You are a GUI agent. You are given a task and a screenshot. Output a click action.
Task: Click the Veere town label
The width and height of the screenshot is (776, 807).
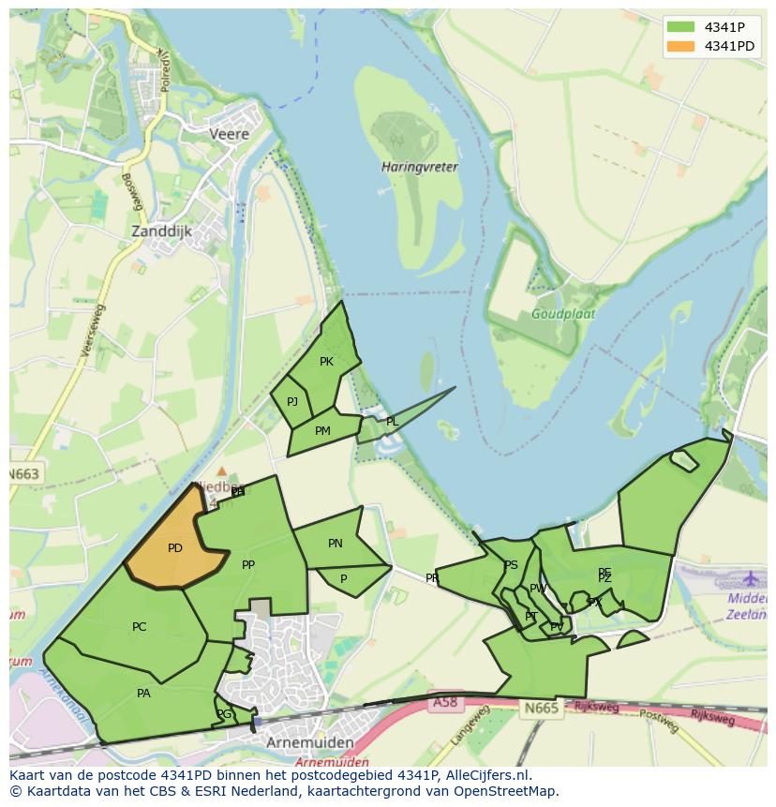[x=229, y=134]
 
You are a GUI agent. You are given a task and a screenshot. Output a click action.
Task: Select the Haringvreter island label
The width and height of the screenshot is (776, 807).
[x=420, y=167]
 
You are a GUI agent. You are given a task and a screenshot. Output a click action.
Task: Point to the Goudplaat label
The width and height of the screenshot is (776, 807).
[x=562, y=314]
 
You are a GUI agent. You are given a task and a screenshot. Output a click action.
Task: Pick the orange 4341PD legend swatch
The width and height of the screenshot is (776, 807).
[x=680, y=46]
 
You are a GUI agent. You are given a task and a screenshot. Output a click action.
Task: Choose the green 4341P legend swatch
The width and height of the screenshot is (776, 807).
[x=680, y=26]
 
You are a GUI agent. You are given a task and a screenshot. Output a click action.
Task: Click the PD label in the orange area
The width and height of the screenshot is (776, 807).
[x=175, y=548]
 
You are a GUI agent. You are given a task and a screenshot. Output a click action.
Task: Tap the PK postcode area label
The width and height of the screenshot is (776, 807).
[x=326, y=362]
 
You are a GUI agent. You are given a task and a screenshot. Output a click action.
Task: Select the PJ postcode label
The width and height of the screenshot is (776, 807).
[x=292, y=402]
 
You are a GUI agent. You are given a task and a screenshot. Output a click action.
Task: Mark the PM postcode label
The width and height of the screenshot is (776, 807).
[x=322, y=431]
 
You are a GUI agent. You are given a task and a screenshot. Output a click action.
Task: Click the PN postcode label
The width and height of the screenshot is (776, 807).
[x=336, y=544]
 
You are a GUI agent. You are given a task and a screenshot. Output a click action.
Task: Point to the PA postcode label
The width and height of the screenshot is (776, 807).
[x=143, y=694]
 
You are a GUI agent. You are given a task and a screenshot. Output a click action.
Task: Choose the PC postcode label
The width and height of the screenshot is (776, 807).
[x=140, y=627]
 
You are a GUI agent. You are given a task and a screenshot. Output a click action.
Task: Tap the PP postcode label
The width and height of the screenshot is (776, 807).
[x=248, y=565]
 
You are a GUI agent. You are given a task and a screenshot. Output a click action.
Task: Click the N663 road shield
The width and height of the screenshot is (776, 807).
[x=25, y=474]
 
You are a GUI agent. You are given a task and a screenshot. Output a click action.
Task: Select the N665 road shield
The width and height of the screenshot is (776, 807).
[x=541, y=708]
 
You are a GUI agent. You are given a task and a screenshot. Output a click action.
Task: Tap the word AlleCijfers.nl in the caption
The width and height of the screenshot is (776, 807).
[x=486, y=775]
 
